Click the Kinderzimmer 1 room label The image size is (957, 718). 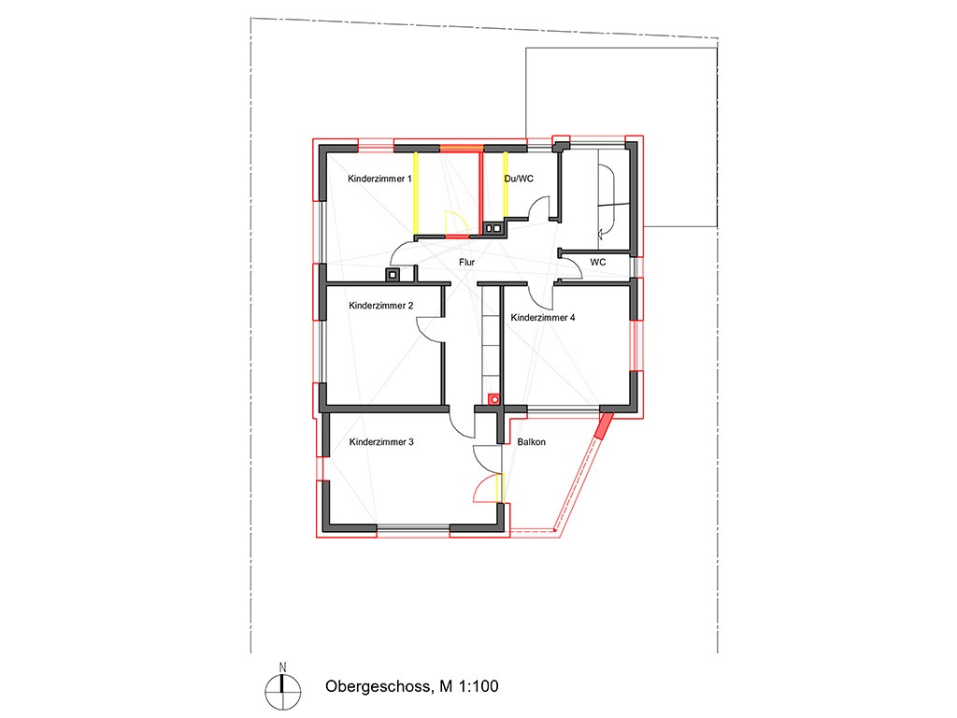(379, 179)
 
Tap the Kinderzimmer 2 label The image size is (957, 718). (381, 306)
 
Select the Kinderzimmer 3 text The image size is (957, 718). (381, 442)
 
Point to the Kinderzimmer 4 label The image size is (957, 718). (543, 318)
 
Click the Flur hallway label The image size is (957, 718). (467, 262)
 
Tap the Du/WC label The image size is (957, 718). (519, 179)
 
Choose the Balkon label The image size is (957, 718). (531, 442)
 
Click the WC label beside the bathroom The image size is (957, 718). (598, 262)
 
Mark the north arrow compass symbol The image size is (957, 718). (282, 692)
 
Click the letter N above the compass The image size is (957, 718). (282, 668)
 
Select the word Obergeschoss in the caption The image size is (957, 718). (378, 686)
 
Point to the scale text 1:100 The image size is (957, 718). (478, 686)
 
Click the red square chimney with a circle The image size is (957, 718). (493, 399)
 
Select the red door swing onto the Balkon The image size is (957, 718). (485, 488)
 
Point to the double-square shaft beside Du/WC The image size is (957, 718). (493, 228)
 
